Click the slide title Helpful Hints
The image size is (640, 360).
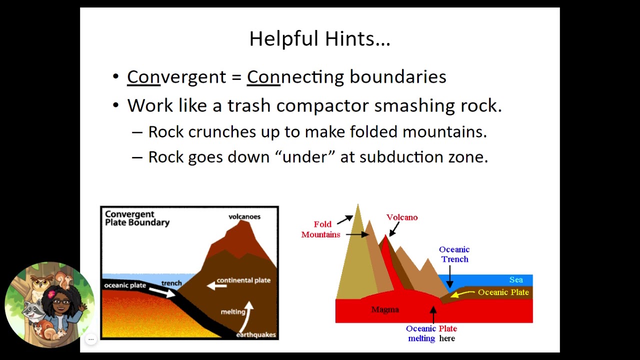319,39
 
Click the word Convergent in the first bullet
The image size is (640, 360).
176,77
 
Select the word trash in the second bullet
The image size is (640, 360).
249,105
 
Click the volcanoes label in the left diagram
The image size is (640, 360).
244,216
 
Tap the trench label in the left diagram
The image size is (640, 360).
171,283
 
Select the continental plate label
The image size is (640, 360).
243,280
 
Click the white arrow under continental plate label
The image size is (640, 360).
217,285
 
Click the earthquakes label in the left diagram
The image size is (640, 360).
256,334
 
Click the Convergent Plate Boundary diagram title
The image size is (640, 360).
137,218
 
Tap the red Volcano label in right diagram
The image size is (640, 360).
401,217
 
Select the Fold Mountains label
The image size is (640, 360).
321,229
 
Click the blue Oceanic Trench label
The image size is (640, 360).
454,254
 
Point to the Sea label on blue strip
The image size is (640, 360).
515,280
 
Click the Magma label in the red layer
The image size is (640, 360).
385,309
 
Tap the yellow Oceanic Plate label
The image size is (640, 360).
503,292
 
